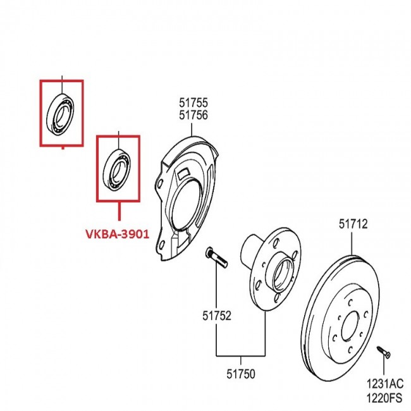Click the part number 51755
(193, 102)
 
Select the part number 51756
(193, 114)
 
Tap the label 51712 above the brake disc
(352, 223)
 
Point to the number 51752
(216, 314)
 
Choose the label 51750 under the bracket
(240, 374)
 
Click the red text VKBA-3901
(118, 234)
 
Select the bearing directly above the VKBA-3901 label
(118, 169)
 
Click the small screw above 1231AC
(384, 348)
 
